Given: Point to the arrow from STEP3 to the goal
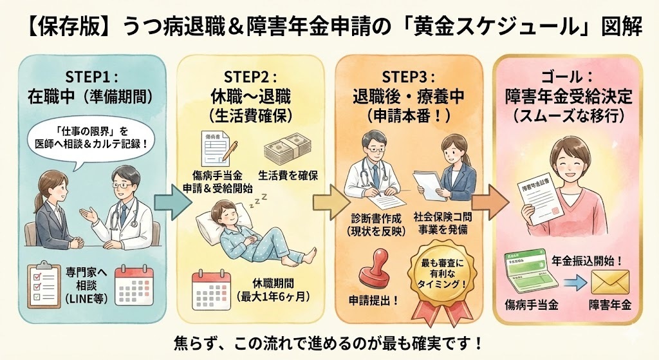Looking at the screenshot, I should point(490,203).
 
